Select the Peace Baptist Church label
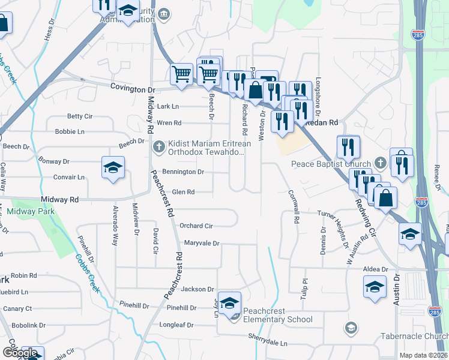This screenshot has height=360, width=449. click(x=331, y=163)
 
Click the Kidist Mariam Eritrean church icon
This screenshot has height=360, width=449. click(x=158, y=145)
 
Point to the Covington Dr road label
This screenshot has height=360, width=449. click(x=133, y=88)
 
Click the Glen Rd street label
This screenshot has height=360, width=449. click(x=184, y=192)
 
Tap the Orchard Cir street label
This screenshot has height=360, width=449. click(x=196, y=226)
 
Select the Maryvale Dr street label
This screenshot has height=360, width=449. click(x=202, y=244)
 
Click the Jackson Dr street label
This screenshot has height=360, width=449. click(x=197, y=289)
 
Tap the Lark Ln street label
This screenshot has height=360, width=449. click(x=168, y=106)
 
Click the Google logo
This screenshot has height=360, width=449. click(x=20, y=353)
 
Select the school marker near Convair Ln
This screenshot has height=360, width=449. click(x=112, y=169)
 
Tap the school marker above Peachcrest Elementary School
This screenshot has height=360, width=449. click(x=229, y=304)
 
